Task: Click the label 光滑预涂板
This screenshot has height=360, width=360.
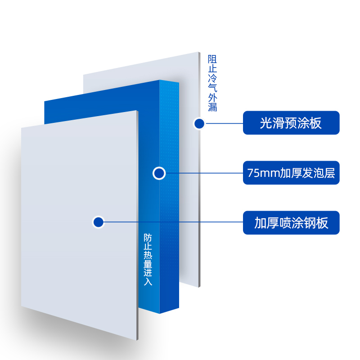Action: click(x=291, y=122)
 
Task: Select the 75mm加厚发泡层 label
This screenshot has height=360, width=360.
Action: click(x=291, y=173)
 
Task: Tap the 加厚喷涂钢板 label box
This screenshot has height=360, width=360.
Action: click(x=291, y=223)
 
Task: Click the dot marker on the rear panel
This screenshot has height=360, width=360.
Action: click(x=199, y=123)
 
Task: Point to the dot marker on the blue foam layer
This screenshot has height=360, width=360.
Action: click(x=159, y=173)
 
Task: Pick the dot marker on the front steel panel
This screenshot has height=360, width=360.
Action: click(x=98, y=222)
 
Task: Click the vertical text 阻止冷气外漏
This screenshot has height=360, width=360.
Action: click(x=212, y=83)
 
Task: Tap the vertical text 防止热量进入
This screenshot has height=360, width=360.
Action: click(x=148, y=259)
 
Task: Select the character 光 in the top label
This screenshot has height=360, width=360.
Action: click(x=266, y=123)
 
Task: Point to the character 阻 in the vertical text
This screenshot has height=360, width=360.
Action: click(x=212, y=59)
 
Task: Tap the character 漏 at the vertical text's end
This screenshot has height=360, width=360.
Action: click(x=212, y=107)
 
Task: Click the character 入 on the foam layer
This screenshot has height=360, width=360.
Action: click(x=148, y=282)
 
